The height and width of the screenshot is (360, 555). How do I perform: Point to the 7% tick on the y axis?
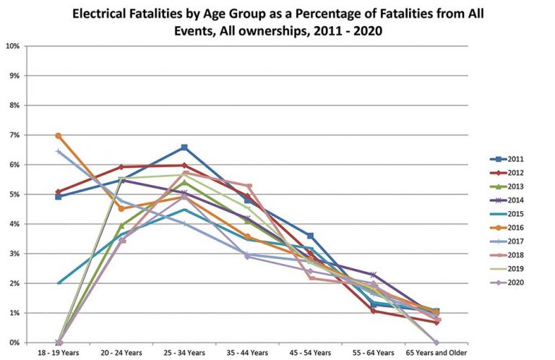[x=12, y=135]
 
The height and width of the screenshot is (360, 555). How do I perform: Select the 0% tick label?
[x=12, y=343]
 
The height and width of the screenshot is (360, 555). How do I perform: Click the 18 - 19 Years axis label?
[x=59, y=352]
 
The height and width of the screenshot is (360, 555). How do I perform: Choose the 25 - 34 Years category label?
[x=184, y=352]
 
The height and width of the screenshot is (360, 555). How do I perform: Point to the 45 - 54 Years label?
[x=310, y=352]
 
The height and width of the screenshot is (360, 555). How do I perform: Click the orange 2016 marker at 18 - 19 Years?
[x=59, y=136]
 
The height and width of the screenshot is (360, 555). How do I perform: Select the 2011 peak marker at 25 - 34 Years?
[x=184, y=147]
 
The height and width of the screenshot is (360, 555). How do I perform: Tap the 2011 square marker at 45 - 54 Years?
[x=310, y=236]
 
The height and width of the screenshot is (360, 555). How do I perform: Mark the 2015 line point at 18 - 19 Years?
[x=59, y=283]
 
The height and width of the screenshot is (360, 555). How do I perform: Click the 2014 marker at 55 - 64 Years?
[x=373, y=275]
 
